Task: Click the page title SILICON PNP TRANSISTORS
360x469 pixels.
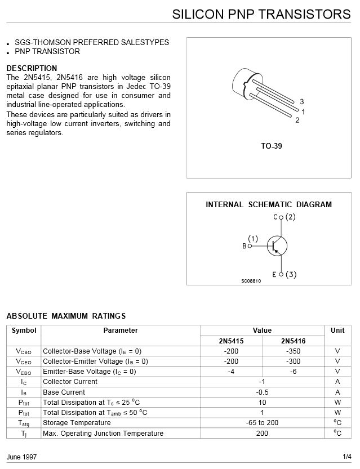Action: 261,14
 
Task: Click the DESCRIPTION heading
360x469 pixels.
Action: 32,68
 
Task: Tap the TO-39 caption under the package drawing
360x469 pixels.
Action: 271,146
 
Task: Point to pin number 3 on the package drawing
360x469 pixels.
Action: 302,101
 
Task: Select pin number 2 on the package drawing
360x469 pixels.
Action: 297,120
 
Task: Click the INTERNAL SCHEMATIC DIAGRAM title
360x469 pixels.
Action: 269,204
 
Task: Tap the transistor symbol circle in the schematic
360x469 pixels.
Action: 277,245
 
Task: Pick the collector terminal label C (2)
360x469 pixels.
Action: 284,216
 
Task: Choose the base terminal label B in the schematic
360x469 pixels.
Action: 245,246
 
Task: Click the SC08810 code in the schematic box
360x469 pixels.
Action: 251,281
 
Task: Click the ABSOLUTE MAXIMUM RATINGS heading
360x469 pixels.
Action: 66,316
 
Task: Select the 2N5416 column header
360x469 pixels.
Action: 293,341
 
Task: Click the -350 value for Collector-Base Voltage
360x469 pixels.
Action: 293,351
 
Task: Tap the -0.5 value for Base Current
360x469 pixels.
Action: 262,392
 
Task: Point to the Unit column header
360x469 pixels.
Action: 337,330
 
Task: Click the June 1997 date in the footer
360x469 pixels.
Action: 21,456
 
